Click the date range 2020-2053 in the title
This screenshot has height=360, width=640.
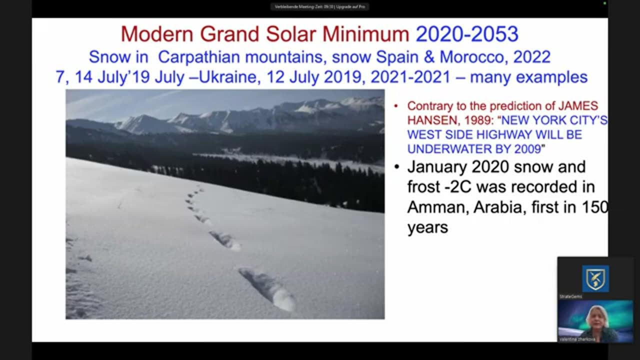point(467,34)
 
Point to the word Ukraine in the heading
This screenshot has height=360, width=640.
point(228,77)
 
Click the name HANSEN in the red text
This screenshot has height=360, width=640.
point(429,120)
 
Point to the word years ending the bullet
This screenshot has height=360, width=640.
point(427,227)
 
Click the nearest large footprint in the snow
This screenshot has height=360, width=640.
point(269,288)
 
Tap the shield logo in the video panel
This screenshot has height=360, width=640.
point(595,278)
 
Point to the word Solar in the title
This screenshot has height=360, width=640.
point(290,34)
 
